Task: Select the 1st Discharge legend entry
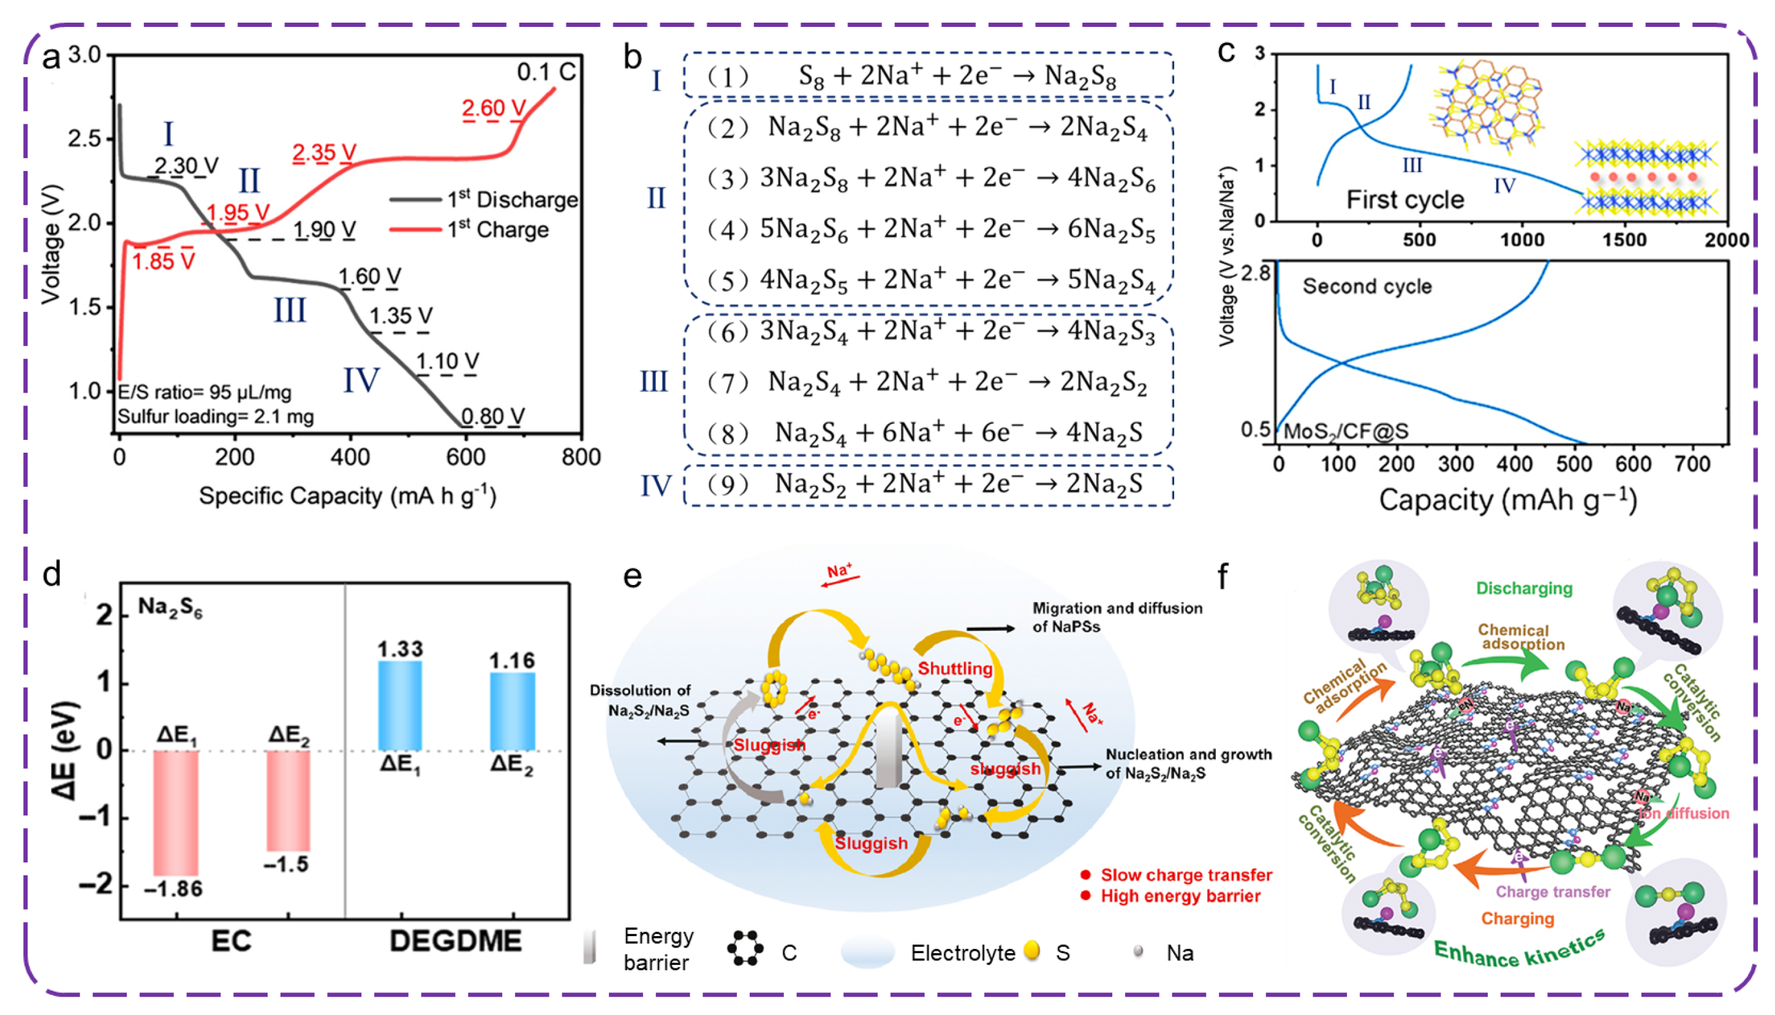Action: click(511, 200)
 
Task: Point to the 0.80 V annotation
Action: click(492, 417)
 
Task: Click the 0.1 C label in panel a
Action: click(546, 72)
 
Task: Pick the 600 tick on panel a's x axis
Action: click(465, 458)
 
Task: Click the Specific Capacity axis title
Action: click(347, 496)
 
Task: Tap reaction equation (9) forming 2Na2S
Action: click(927, 484)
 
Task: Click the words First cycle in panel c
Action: click(1404, 200)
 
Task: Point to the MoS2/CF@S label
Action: click(1345, 431)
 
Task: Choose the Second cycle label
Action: click(1366, 287)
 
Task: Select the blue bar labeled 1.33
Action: click(400, 705)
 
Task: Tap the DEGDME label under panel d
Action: click(455, 941)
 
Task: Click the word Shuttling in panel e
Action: click(955, 668)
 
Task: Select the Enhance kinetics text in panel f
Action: click(1519, 950)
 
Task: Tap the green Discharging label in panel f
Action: click(1523, 589)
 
